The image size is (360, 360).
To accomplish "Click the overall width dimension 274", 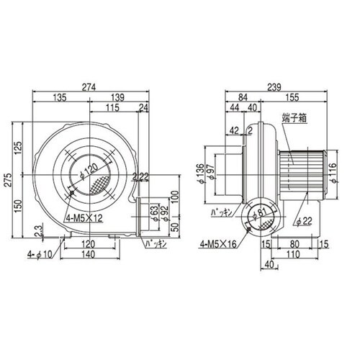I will pyautogui.click(x=89, y=87).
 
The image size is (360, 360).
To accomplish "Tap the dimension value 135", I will pyautogui.click(x=60, y=98).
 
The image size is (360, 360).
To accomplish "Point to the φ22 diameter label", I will pyautogui.click(x=303, y=220).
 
